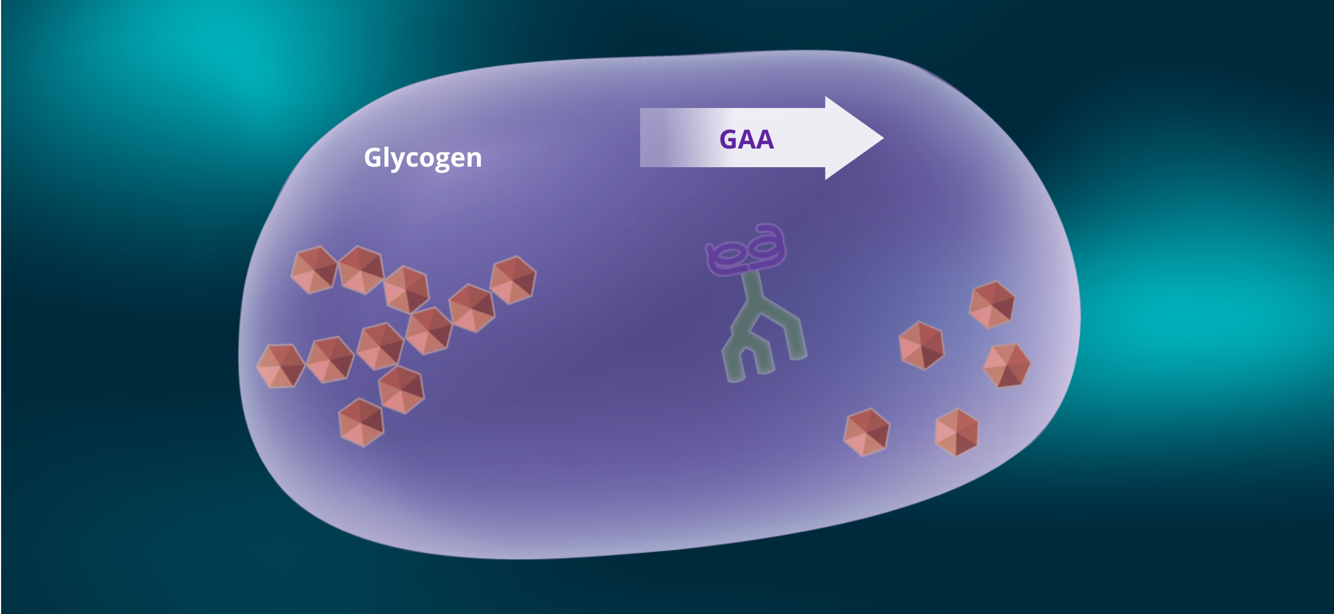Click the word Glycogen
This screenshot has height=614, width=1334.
423,158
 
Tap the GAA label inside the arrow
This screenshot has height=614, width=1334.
746,139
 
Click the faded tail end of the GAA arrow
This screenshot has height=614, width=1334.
649,138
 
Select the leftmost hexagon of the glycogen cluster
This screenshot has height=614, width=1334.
281,366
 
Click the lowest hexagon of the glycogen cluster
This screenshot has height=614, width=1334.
361,422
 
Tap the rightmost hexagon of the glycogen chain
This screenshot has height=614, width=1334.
512,280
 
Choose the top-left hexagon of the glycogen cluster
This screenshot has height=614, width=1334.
314,270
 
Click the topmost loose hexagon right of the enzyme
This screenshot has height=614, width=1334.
992,305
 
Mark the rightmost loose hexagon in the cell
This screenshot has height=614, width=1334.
1007,365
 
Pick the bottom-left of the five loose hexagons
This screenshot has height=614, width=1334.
866,432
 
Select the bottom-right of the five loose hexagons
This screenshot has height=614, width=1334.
956,432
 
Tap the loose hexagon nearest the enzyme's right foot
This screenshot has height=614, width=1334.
922,345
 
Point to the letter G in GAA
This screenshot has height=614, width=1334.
729,139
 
